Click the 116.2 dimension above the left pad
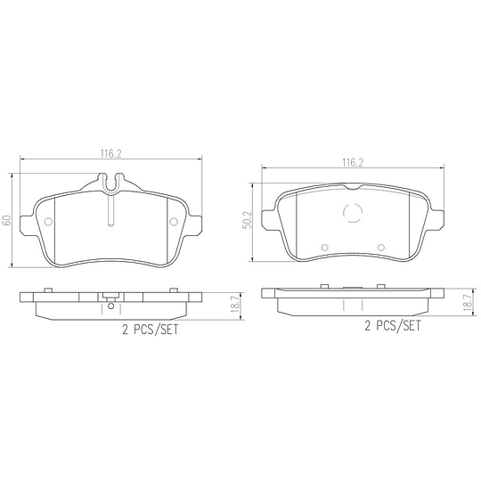tap(110, 153)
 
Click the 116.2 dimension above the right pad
tap(353, 163)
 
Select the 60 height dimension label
tap(6, 220)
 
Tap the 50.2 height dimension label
tap(247, 220)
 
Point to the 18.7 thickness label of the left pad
tap(235, 303)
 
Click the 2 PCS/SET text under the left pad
tap(151, 330)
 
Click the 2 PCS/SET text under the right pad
tap(393, 325)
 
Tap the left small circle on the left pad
tap(48, 222)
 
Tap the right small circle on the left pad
tap(174, 222)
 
